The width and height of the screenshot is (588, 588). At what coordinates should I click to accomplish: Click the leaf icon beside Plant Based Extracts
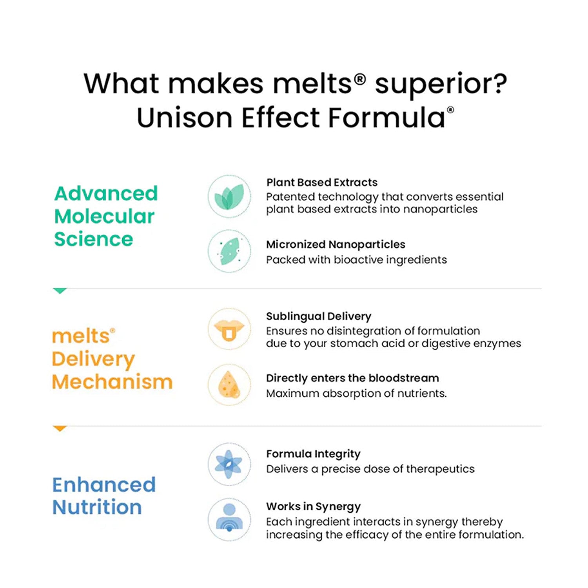[229, 196]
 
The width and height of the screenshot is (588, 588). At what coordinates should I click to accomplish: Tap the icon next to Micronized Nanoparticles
[229, 251]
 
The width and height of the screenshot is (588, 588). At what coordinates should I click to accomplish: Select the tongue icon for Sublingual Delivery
[229, 329]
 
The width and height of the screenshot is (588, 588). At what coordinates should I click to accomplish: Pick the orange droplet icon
[229, 385]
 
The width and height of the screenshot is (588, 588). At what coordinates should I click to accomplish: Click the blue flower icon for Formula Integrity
[229, 465]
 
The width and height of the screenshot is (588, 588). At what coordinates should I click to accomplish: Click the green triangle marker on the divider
[60, 290]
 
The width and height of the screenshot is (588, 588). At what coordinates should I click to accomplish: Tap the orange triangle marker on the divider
[60, 428]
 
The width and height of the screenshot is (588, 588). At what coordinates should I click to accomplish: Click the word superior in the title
[441, 85]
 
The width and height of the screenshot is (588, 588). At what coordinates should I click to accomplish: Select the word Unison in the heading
[184, 118]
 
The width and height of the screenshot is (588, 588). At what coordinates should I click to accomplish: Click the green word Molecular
[104, 216]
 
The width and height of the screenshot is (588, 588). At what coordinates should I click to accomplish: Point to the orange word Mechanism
[112, 382]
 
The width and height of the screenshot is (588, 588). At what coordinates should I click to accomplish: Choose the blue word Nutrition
[97, 507]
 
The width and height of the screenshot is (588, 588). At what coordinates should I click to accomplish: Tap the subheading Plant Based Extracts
[322, 182]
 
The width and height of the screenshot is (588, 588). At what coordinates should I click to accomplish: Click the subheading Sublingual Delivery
[319, 316]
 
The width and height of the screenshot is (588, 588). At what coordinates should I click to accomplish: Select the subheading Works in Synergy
[314, 506]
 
